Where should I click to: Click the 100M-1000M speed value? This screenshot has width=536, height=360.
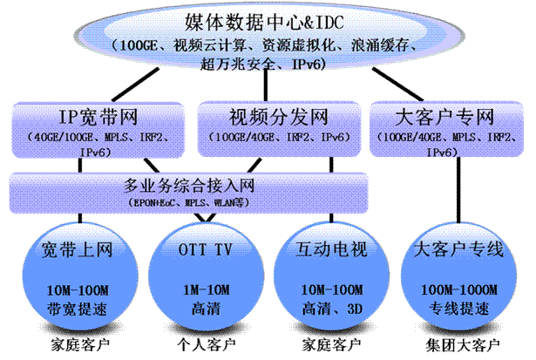pos(458,289)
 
